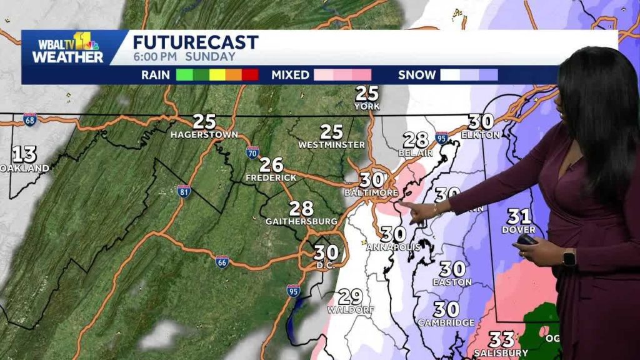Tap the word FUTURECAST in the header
coord(196,42)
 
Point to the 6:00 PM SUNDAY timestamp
coord(184,57)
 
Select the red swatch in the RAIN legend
coord(250,75)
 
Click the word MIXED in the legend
coord(290,75)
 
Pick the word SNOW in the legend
coord(417,75)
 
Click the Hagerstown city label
coord(204,134)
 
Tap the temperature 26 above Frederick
coord(271,165)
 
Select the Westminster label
coord(331,145)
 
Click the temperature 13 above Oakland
coord(24,154)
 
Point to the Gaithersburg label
coord(301,221)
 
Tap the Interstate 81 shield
coord(183,191)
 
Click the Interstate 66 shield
coord(222,261)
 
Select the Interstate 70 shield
coord(252,152)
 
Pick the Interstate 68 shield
coord(29,118)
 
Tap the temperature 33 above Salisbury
coord(501,340)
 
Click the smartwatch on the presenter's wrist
coord(568,257)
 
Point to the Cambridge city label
coord(446,322)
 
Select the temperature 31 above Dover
coord(519,217)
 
